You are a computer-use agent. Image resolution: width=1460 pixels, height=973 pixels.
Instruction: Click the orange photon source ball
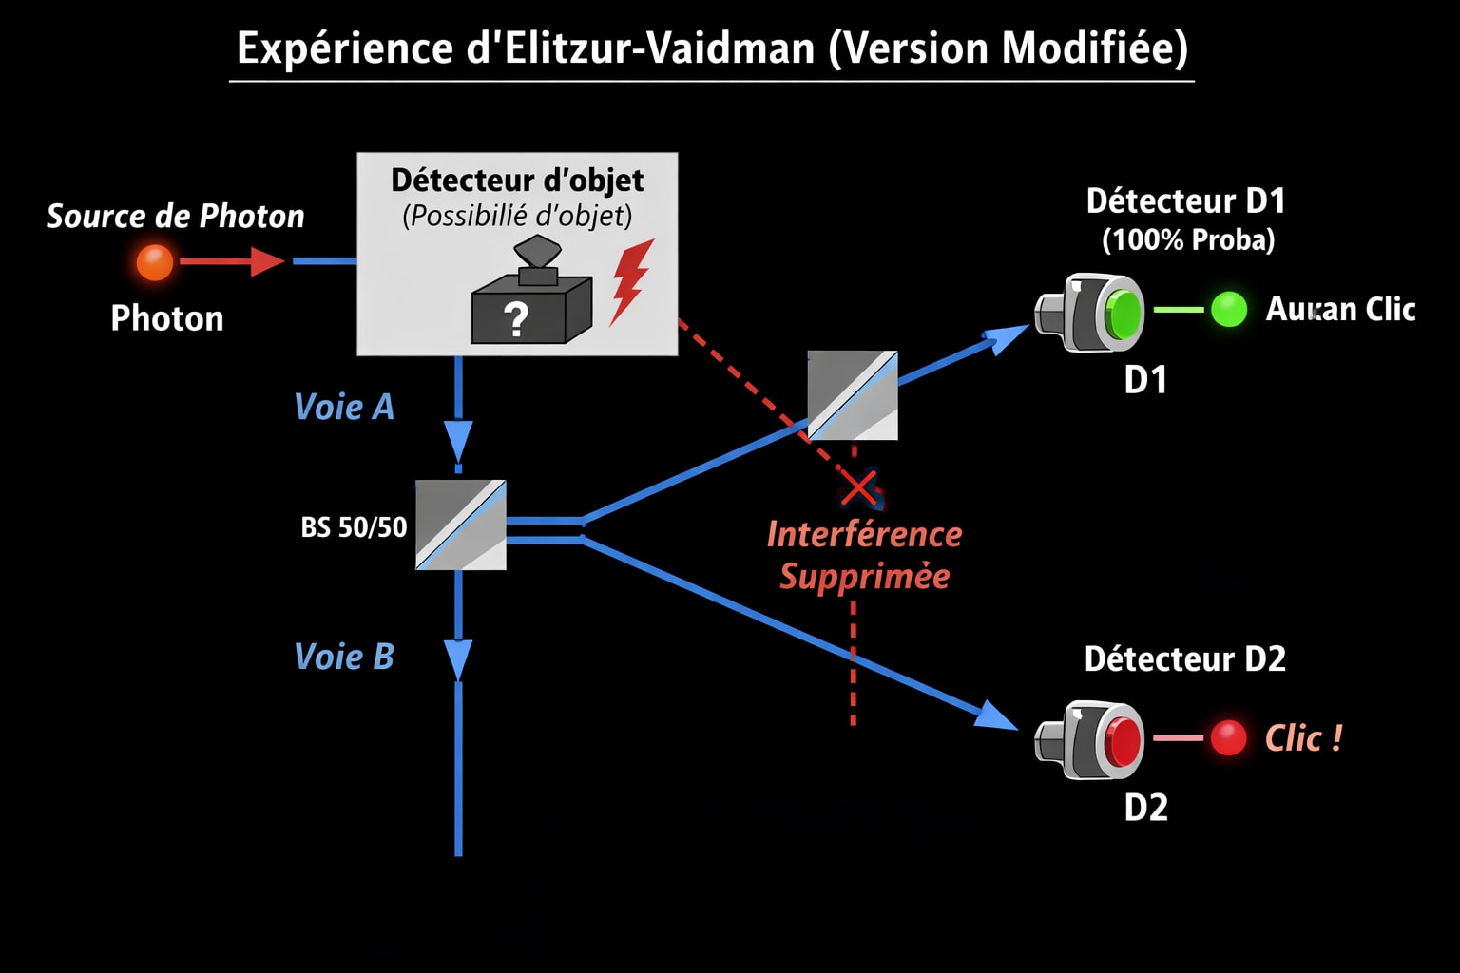pyautogui.click(x=155, y=261)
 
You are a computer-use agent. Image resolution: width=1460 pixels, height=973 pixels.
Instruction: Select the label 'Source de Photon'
pyautogui.click(x=176, y=217)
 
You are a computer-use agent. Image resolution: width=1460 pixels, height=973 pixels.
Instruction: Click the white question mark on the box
pyautogui.click(x=516, y=319)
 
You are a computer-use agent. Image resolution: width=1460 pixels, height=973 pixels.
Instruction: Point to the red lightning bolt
pyautogui.click(x=631, y=280)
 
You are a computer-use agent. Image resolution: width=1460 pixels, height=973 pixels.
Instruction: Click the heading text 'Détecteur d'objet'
pyautogui.click(x=517, y=180)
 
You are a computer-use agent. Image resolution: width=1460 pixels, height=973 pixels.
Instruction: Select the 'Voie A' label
pyautogui.click(x=344, y=407)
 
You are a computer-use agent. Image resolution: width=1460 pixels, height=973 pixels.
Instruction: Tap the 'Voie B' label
pyautogui.click(x=344, y=657)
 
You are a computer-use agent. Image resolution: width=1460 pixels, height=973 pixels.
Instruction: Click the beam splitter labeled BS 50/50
pyautogui.click(x=461, y=525)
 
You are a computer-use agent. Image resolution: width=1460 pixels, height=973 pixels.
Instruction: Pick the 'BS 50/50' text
pyautogui.click(x=354, y=527)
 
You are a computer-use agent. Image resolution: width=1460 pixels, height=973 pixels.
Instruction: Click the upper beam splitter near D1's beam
pyautogui.click(x=853, y=395)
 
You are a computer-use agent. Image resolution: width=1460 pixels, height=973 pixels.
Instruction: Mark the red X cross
pyautogui.click(x=859, y=488)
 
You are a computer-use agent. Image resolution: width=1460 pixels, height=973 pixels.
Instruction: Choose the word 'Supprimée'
pyautogui.click(x=864, y=576)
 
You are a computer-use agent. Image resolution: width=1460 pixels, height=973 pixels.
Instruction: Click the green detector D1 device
pyautogui.click(x=1091, y=312)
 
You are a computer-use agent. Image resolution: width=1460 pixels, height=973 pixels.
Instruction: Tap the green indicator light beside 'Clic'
pyautogui.click(x=1228, y=310)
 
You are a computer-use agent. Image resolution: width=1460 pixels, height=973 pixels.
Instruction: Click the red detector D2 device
pyautogui.click(x=1091, y=739)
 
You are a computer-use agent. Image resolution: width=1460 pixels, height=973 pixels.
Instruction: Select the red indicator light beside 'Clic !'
pyautogui.click(x=1228, y=738)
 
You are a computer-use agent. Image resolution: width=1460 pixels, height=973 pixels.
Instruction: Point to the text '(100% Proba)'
pyautogui.click(x=1188, y=239)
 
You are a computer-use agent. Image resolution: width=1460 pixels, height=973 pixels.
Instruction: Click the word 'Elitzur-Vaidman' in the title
pyautogui.click(x=660, y=48)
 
